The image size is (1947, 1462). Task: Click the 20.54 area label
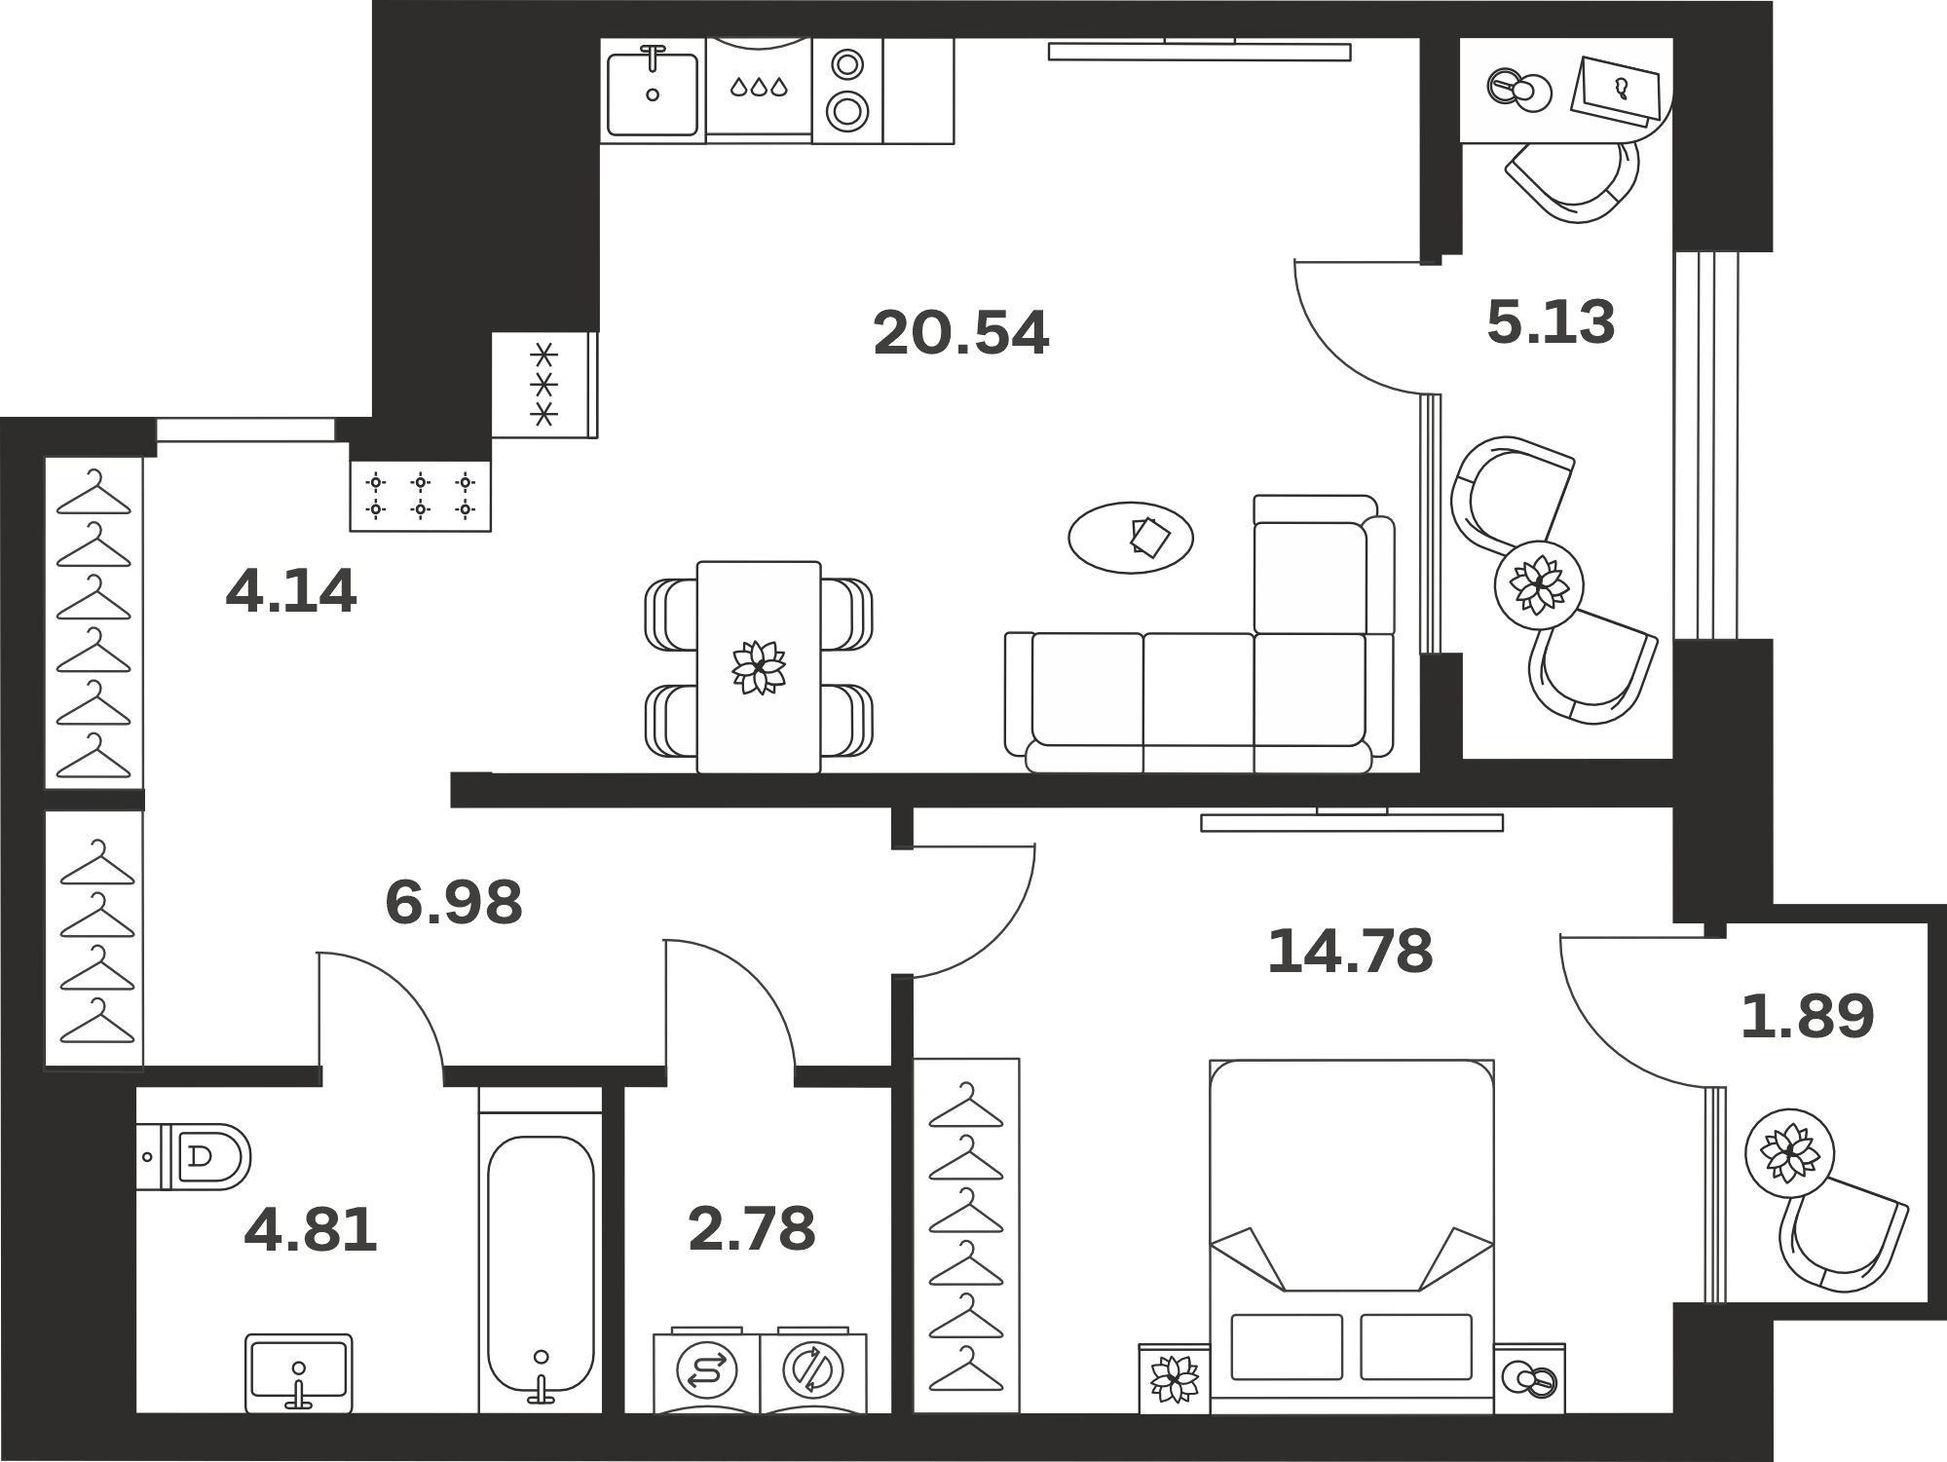click(x=960, y=333)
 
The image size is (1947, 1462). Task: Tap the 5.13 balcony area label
click(x=1551, y=321)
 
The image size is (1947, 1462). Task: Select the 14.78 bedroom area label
click(x=1350, y=951)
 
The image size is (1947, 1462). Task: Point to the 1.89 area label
click(x=1807, y=1016)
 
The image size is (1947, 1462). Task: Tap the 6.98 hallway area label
click(x=454, y=902)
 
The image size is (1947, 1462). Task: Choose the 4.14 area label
click(x=291, y=590)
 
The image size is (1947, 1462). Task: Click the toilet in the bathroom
click(x=193, y=1157)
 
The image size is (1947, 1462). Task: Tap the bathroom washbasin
click(x=298, y=1372)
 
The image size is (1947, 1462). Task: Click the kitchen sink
click(x=652, y=91)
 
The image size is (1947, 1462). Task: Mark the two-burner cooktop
click(x=847, y=91)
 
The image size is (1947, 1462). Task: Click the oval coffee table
click(x=1131, y=538)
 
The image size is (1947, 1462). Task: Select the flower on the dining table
click(x=759, y=667)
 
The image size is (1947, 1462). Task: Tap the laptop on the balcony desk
click(x=1617, y=91)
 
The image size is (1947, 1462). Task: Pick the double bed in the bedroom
click(x=1352, y=1236)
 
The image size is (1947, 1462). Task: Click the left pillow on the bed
click(x=1287, y=1347)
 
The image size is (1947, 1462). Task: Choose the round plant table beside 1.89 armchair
click(x=1789, y=1153)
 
